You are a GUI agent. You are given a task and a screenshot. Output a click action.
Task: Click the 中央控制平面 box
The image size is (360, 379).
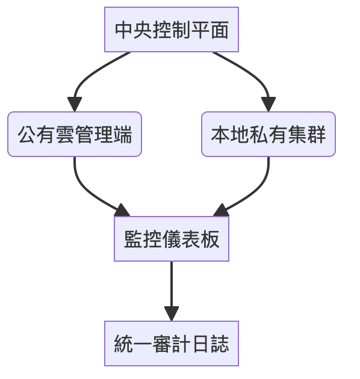click(x=172, y=29)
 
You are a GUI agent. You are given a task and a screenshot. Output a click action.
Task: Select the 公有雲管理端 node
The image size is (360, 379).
click(x=75, y=134)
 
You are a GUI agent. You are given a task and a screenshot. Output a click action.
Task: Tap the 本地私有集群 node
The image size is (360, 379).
click(x=268, y=134)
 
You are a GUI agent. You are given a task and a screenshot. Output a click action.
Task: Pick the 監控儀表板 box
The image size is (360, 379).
click(x=172, y=239)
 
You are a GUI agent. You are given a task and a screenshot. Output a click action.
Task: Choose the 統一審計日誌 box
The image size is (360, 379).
click(x=172, y=344)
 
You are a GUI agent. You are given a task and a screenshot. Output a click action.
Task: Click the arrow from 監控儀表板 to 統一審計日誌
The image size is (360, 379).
click(x=172, y=291)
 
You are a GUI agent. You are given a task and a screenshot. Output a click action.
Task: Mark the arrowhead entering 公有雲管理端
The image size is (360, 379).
click(x=75, y=104)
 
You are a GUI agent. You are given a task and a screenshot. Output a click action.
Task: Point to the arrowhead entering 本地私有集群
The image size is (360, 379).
click(x=268, y=104)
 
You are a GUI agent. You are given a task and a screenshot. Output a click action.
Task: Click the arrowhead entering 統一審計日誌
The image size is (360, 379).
click(x=172, y=314)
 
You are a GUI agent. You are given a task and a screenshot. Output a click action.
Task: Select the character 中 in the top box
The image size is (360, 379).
click(x=124, y=30)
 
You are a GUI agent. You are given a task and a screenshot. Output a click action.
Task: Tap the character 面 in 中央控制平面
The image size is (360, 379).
click(x=220, y=30)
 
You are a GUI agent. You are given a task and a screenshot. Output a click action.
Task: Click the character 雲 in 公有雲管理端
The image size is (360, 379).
click(x=65, y=135)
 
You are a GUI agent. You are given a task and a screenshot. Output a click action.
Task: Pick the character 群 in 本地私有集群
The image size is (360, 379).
click(x=317, y=135)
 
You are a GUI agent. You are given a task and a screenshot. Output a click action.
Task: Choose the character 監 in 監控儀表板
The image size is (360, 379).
click(x=133, y=239)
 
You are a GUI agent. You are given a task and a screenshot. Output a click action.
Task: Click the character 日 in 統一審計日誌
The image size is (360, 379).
click(x=200, y=344)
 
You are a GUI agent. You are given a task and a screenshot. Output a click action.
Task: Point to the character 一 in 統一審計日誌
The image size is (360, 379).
click(x=143, y=344)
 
